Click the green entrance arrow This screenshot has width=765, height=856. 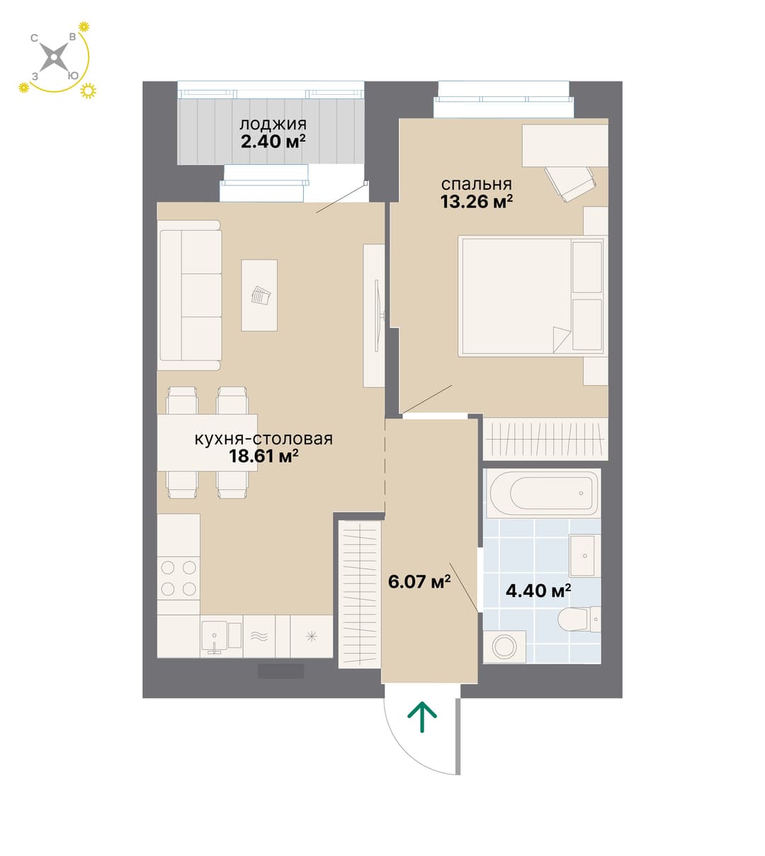tap(421, 717)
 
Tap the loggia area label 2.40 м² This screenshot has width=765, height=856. tap(273, 142)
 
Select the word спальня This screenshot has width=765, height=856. tap(476, 185)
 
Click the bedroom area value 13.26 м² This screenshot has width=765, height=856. tap(477, 202)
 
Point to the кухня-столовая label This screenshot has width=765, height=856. tap(263, 439)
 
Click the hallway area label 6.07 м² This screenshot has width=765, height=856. tap(419, 582)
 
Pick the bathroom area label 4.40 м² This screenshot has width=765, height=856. tap(538, 590)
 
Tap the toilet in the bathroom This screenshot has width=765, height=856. tap(579, 620)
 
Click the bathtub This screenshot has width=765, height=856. tap(543, 493)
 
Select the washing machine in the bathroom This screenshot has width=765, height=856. tap(504, 647)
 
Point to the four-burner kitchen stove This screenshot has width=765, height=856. tap(178, 578)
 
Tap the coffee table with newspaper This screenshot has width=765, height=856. tap(259, 295)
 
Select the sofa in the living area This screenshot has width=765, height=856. tap(190, 295)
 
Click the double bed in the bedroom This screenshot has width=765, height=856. tap(533, 296)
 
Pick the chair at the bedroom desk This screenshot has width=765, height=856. tap(570, 183)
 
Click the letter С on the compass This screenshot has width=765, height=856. tap(34, 38)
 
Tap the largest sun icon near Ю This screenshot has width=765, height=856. tap(88, 91)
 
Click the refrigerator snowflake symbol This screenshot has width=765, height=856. tap(312, 637)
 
